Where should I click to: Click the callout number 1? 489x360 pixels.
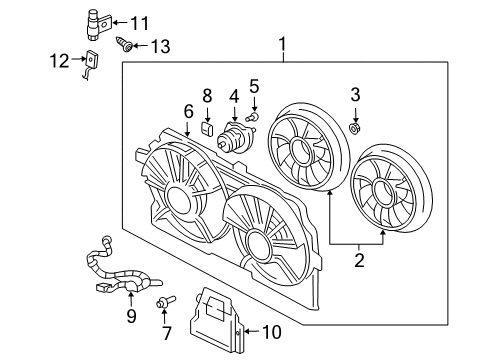coord(282,43)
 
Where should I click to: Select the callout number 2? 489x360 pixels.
coord(357,262)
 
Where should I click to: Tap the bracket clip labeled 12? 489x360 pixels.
coord(92,63)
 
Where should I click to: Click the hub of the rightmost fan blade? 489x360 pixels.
coord(387,189)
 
